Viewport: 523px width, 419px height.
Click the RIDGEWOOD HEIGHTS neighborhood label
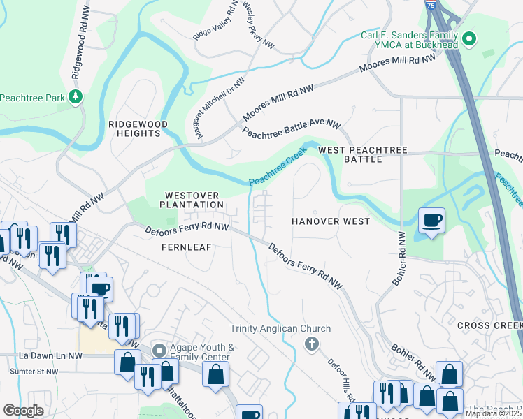click(x=138, y=128)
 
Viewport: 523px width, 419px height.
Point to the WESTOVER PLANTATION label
click(x=192, y=199)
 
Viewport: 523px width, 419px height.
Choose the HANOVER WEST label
click(x=331, y=221)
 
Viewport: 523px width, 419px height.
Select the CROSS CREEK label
click(x=489, y=326)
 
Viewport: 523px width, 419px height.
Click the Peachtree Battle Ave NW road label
click(x=291, y=128)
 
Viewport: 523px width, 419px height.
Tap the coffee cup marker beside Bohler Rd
click(x=431, y=221)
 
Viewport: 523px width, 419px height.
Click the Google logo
click(x=23, y=410)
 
